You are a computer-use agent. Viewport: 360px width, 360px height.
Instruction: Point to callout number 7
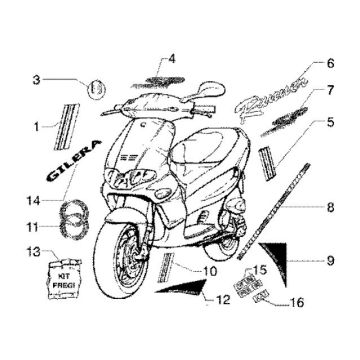(329, 90)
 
